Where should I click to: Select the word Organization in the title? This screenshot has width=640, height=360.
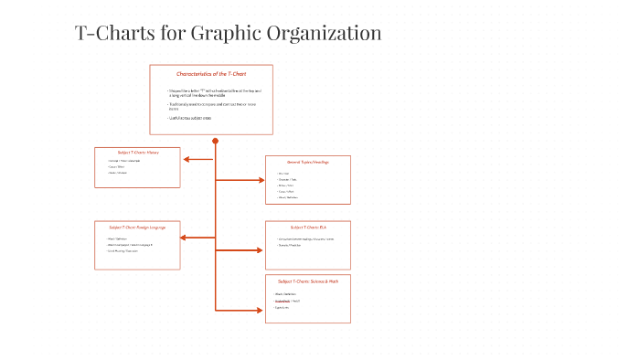(x=325, y=34)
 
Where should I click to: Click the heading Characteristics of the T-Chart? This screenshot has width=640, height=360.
(x=211, y=73)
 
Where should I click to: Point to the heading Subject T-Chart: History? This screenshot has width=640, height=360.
(x=138, y=152)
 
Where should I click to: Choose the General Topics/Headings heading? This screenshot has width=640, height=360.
(x=308, y=161)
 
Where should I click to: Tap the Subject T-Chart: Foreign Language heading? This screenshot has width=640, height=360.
(x=137, y=226)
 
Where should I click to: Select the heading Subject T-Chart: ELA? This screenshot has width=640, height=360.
(x=308, y=226)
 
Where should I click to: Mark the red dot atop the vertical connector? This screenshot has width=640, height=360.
(x=215, y=141)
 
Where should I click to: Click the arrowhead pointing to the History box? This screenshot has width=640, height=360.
(x=186, y=159)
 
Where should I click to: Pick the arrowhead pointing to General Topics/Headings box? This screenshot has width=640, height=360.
(x=260, y=180)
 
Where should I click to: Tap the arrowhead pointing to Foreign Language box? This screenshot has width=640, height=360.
(x=186, y=238)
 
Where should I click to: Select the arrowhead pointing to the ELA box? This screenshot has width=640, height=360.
(x=260, y=249)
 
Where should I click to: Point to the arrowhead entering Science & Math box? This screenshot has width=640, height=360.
(x=260, y=311)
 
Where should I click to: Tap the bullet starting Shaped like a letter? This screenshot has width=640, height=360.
(x=205, y=92)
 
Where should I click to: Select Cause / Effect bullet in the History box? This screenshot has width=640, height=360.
(x=116, y=167)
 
